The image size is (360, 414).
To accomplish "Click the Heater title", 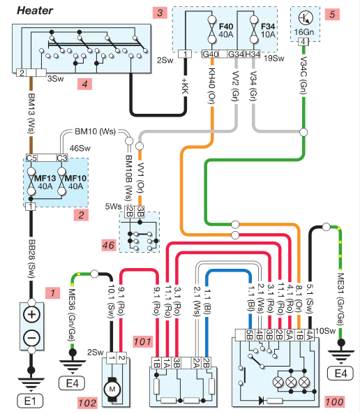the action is pyautogui.click(x=35, y=10).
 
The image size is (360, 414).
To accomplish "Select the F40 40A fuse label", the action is pyautogui.click(x=226, y=30).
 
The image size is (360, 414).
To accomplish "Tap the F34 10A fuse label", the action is pyautogui.click(x=268, y=30).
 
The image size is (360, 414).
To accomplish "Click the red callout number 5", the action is pyautogui.click(x=332, y=14).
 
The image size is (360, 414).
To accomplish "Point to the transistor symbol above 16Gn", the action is pyautogui.click(x=306, y=18).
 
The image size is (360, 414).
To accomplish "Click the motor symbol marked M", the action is pyautogui.click(x=112, y=389).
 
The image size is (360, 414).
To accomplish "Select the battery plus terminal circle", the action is pyautogui.click(x=31, y=314).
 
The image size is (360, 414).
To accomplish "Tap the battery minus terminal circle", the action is pyautogui.click(x=31, y=338).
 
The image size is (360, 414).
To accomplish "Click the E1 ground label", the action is pyautogui.click(x=30, y=401).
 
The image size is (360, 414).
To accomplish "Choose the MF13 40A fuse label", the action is pyautogui.click(x=45, y=182).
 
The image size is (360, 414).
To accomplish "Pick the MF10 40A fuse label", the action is pyautogui.click(x=76, y=182).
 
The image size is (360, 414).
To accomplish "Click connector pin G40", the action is pyautogui.click(x=211, y=54).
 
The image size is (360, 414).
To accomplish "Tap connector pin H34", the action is pyautogui.click(x=253, y=54).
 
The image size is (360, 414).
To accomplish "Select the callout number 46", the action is pyautogui.click(x=109, y=245).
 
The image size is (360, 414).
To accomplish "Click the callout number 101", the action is pyautogui.click(x=142, y=341).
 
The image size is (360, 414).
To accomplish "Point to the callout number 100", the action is pyautogui.click(x=334, y=402).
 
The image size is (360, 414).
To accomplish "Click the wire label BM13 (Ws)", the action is pyautogui.click(x=31, y=114).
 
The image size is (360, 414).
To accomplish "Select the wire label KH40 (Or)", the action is pyautogui.click(x=212, y=86).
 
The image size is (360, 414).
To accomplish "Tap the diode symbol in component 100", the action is pyautogui.click(x=262, y=401).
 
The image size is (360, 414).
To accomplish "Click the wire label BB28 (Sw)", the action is pyautogui.click(x=31, y=258).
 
